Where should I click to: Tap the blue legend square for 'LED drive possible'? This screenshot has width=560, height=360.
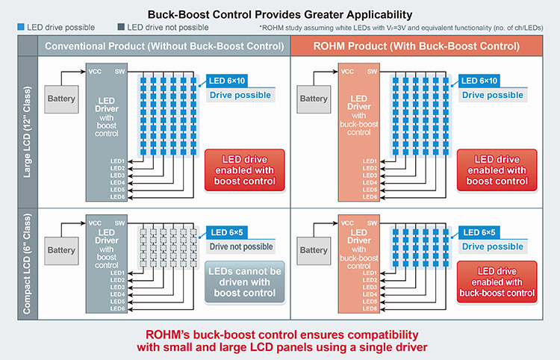click(x=19, y=28)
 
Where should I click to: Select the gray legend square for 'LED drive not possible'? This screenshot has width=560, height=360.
click(x=121, y=28)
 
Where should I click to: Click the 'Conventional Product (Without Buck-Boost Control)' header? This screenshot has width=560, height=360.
click(x=164, y=46)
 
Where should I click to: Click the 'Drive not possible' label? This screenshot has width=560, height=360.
click(x=240, y=246)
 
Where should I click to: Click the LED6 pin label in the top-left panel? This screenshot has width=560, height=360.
click(x=118, y=196)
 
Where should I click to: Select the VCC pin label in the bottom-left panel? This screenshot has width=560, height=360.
click(x=96, y=223)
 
